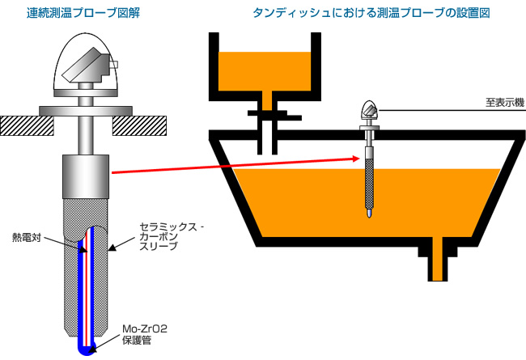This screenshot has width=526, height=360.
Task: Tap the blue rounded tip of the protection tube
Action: [84, 346]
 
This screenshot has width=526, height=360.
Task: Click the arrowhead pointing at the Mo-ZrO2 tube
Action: [92, 348]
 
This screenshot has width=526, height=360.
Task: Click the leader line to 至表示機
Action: [437, 109]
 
